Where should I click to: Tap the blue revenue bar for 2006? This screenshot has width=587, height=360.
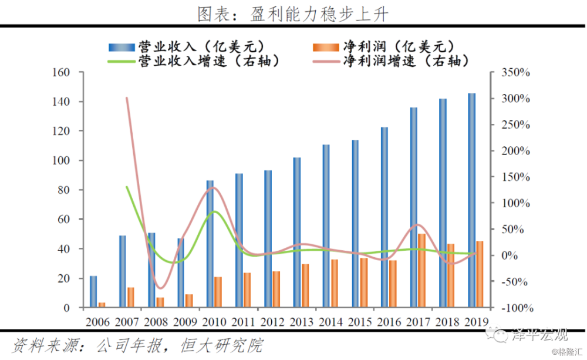pos(93,292)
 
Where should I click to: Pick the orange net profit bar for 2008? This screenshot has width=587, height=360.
pos(160,302)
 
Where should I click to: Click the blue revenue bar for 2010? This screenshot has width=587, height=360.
pos(210,244)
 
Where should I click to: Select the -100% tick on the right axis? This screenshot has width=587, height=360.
pos(515,308)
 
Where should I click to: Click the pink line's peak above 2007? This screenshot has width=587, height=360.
pos(127,98)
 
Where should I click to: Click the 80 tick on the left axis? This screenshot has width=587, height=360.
pos(64,190)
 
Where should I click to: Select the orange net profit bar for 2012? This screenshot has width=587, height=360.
pos(276,289)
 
